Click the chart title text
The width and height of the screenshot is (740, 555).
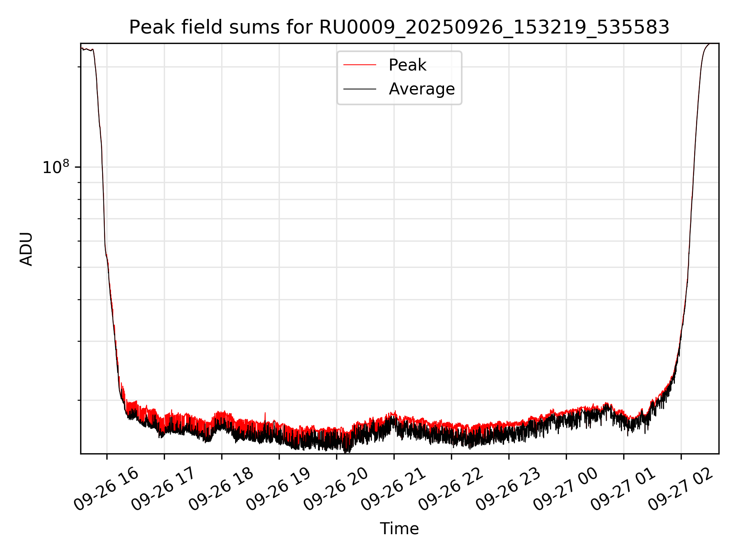(399, 27)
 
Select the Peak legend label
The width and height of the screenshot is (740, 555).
(407, 65)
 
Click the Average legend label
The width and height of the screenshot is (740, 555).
(422, 89)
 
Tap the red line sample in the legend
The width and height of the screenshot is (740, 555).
(360, 65)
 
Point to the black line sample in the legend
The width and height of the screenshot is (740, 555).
(360, 89)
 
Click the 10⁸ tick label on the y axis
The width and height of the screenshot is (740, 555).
(56, 168)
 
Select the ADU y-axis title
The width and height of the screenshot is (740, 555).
(26, 249)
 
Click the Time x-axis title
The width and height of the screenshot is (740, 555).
(399, 528)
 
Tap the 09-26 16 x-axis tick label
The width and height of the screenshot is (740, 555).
(106, 489)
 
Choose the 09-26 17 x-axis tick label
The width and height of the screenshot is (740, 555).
(163, 489)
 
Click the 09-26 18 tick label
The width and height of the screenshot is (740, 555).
(221, 489)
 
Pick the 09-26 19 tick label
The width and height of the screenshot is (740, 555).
(278, 489)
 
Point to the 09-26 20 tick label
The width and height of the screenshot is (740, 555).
(336, 489)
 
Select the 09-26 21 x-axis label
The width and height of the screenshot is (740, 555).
(393, 489)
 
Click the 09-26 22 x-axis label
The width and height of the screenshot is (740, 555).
(451, 489)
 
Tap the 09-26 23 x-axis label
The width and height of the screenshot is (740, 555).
(508, 489)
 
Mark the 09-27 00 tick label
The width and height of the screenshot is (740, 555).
(565, 489)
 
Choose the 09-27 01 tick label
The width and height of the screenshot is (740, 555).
(623, 489)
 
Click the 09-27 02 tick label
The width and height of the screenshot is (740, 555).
(680, 489)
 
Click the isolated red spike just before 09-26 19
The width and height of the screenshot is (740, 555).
(265, 414)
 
